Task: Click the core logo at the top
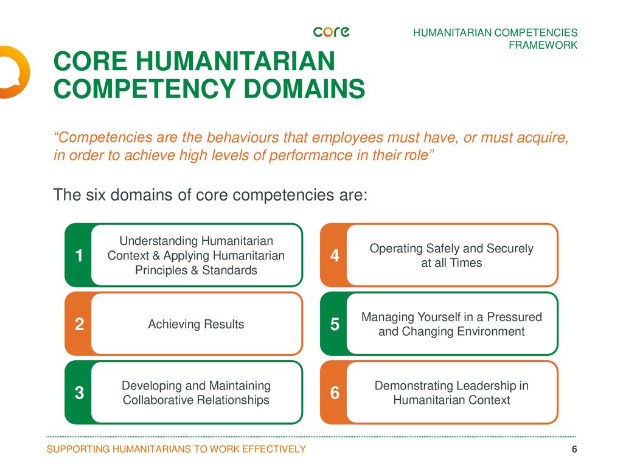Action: tap(331, 32)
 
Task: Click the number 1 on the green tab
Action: tap(79, 256)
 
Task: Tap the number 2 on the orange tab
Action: tap(79, 325)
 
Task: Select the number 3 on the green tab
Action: tap(79, 394)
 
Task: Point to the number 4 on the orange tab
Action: tap(335, 256)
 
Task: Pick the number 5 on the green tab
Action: tap(335, 325)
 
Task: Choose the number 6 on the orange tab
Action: tap(335, 394)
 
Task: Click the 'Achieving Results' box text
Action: tap(196, 324)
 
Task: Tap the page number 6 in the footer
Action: tap(574, 450)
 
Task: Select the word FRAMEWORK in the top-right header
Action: tap(543, 45)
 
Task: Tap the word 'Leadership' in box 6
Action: tap(476, 386)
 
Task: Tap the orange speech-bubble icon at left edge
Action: tap(11, 72)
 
